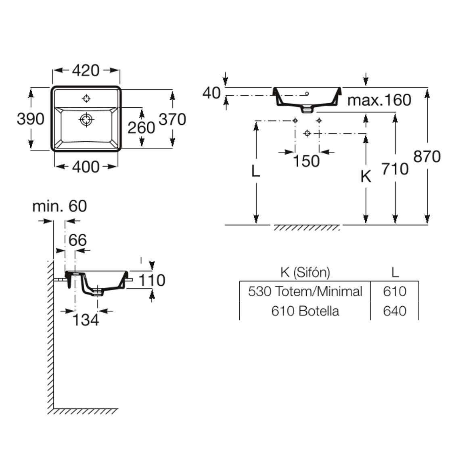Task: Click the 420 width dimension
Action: (86, 70)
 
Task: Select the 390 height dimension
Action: (30, 119)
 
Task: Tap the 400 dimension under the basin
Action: (86, 166)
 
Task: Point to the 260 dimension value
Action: (141, 128)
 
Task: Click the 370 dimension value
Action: (172, 119)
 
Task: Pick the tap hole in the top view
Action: (86, 98)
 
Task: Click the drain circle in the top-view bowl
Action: (86, 119)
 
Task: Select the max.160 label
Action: (379, 100)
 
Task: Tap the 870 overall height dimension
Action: (427, 156)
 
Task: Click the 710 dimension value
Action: (395, 169)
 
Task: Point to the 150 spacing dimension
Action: (306, 161)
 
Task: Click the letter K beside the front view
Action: (366, 176)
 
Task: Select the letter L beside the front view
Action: (255, 171)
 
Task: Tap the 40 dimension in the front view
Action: (211, 93)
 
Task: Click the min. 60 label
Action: (59, 206)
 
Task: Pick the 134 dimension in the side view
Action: (86, 320)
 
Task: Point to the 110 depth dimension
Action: (152, 280)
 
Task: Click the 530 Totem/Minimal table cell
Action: (305, 291)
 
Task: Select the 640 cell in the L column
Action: (395, 311)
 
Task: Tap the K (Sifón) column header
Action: (305, 272)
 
